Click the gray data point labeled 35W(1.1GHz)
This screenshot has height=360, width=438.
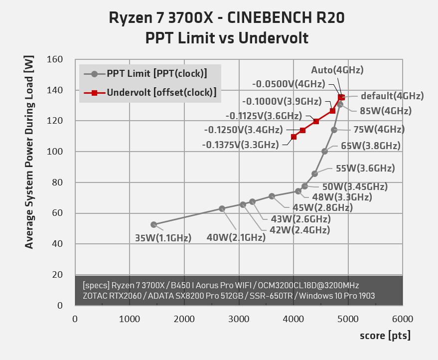(153, 225)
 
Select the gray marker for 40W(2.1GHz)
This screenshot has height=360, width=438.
(222, 209)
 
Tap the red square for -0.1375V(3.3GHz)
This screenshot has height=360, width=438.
(294, 137)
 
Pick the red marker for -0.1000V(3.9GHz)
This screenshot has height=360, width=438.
(332, 111)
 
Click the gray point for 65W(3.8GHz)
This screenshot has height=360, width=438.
(325, 151)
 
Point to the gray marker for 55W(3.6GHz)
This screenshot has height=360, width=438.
(314, 174)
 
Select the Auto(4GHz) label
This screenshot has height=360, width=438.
(337, 70)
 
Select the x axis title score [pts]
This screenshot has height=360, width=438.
(385, 336)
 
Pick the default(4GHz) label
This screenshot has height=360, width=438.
(392, 96)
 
